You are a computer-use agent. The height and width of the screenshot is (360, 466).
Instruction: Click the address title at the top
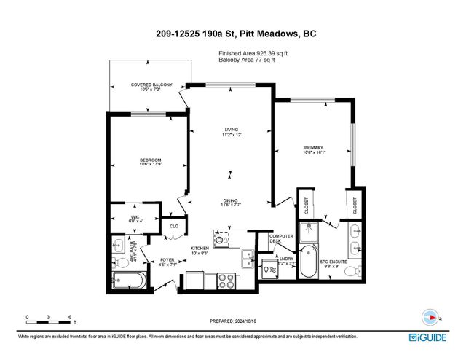pos(232,33)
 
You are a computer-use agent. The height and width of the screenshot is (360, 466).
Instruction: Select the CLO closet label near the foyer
pos(173,227)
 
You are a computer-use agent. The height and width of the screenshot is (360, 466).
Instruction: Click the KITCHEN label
pos(200,250)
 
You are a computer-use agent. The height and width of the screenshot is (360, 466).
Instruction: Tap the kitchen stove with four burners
pos(225,279)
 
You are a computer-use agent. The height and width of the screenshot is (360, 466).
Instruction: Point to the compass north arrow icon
pos(431,317)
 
